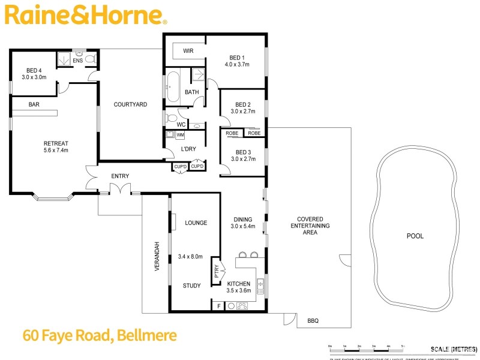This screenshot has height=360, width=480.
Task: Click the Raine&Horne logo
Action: point(84,15)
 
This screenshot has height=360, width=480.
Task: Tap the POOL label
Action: point(415,236)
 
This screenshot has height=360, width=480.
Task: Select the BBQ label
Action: point(313,321)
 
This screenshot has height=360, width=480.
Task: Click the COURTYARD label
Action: point(130,104)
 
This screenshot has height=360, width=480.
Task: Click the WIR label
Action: point(187,51)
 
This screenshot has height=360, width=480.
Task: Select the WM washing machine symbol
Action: point(179,135)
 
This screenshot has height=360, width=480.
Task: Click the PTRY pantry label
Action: point(217,273)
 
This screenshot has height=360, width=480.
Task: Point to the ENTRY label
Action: point(120,176)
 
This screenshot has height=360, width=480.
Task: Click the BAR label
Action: point(34,104)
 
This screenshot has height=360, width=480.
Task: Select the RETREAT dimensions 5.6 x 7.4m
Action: point(56,151)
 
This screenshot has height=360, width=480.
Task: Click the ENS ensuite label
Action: point(77,60)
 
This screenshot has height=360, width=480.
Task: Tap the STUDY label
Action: point(191,286)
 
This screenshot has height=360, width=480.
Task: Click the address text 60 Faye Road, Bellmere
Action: point(99,335)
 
